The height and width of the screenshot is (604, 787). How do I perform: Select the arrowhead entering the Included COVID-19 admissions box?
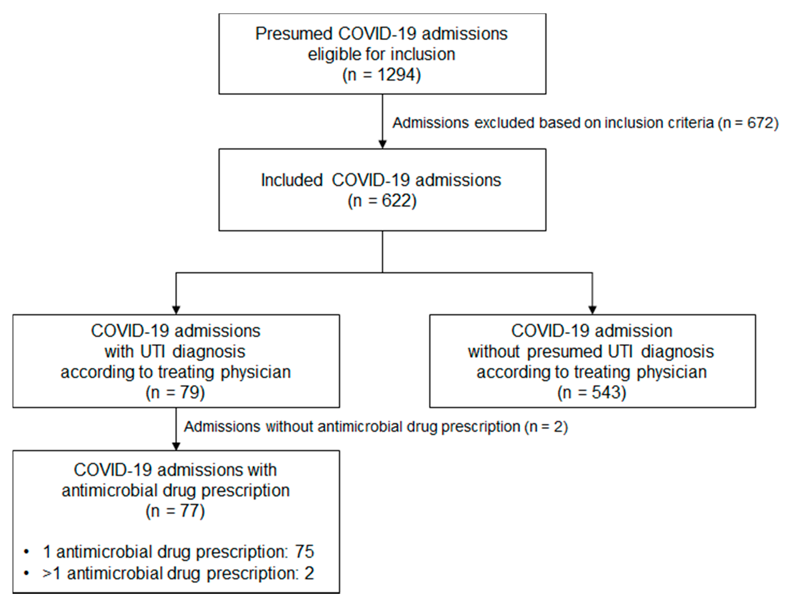(382, 144)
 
